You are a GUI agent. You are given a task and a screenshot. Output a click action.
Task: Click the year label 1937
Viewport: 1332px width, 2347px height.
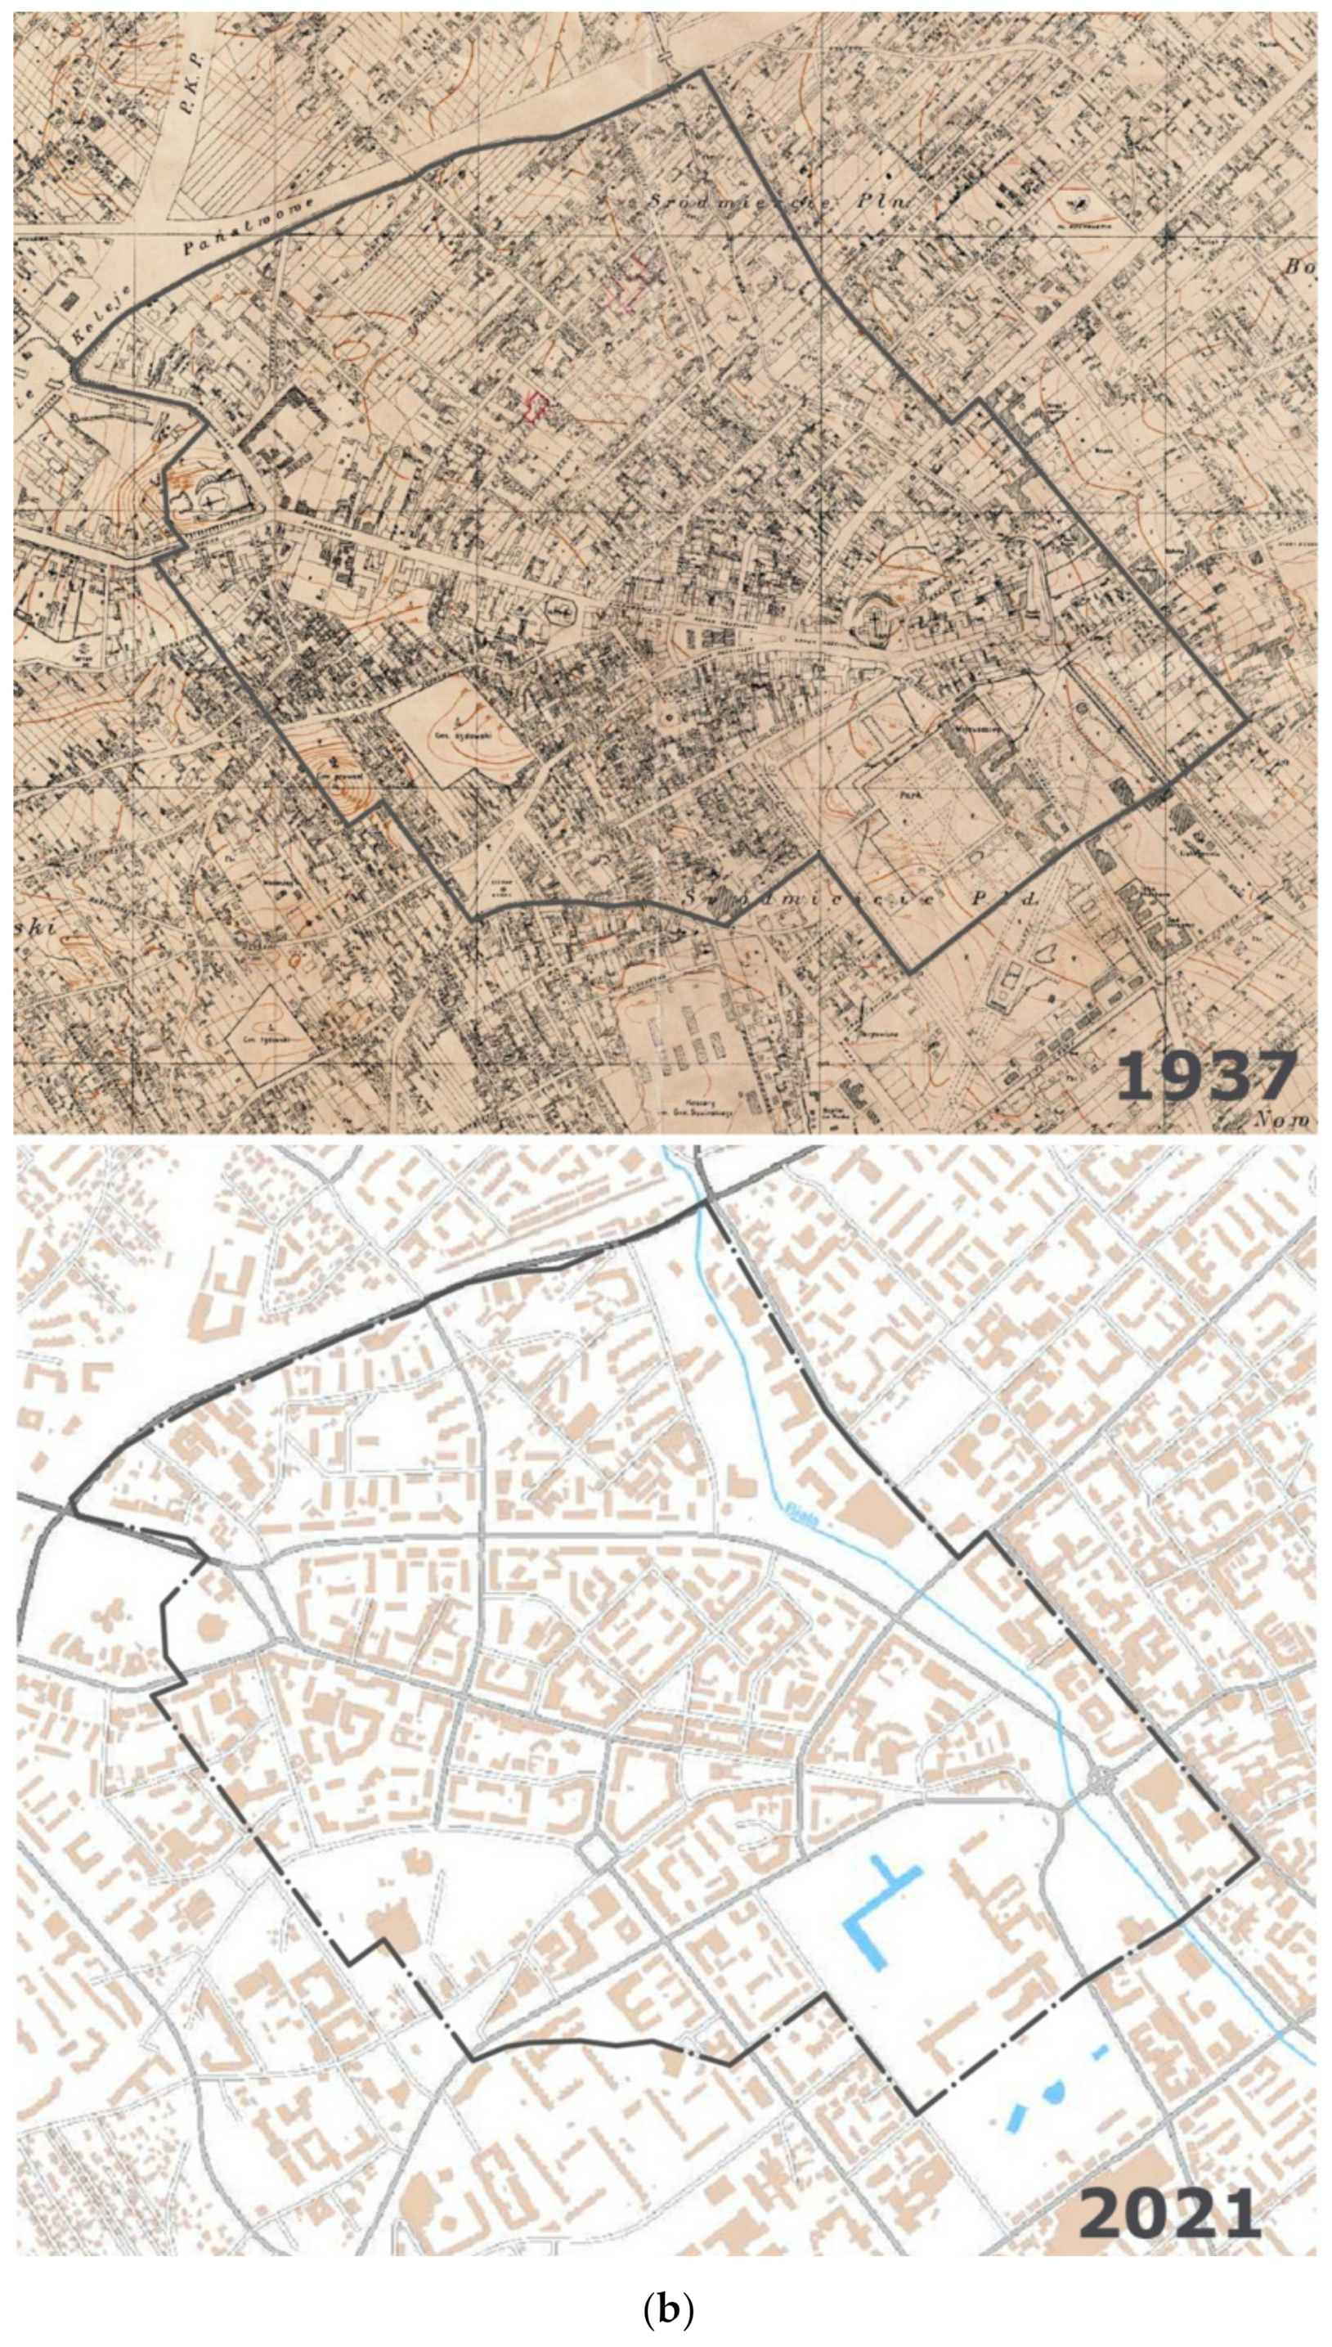pos(1206,1077)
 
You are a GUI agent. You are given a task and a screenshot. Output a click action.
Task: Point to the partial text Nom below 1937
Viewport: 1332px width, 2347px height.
pos(1285,1119)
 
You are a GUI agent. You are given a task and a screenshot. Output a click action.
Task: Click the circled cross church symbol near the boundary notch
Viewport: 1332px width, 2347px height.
pos(214,500)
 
